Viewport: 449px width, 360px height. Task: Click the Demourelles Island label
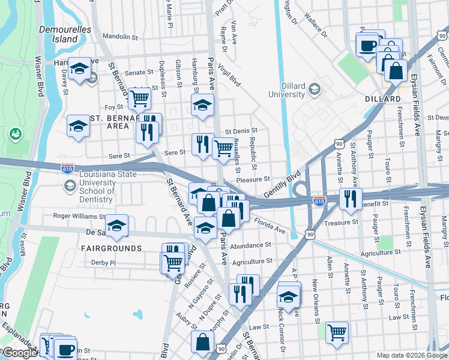(x=58, y=34)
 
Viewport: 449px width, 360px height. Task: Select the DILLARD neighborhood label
(x=382, y=98)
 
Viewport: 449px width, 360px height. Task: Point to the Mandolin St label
(x=117, y=36)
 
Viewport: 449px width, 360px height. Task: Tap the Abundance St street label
(x=250, y=245)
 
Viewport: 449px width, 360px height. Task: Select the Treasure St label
(x=340, y=221)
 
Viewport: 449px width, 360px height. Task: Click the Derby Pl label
(x=103, y=262)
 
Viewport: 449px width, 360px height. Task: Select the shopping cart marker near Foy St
(x=140, y=98)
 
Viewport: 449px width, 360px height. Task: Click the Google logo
(x=19, y=353)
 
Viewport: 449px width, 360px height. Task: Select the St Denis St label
(x=241, y=130)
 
